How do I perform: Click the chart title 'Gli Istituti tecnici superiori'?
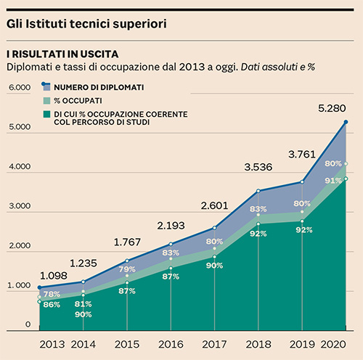tap(86, 24)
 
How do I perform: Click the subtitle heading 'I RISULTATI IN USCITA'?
tap(62, 54)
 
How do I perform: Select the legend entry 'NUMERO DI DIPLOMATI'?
tap(99, 87)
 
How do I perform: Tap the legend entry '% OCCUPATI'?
tap(78, 101)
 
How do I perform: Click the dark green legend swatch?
tap(46, 114)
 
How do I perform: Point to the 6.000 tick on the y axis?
tap(20, 87)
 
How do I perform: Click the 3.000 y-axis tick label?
tap(20, 206)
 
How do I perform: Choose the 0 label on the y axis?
tap(28, 324)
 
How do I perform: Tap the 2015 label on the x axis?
tap(127, 345)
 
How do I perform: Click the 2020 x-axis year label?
tap(333, 345)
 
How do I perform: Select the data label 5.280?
tap(332, 108)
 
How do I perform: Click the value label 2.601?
tap(214, 206)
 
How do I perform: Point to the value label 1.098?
tap(54, 276)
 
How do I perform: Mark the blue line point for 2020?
tap(346, 122)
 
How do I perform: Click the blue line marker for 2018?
tap(258, 191)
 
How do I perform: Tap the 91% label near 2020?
tap(333, 181)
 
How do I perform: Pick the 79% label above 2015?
tap(127, 269)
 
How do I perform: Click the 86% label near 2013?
tap(52, 305)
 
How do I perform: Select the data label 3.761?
tap(302, 155)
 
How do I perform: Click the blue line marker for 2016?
tap(171, 244)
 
